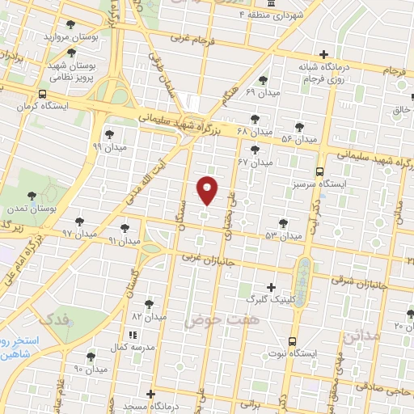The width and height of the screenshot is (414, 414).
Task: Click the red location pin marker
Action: (208, 191)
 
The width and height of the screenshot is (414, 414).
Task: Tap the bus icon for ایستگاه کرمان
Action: (42, 94)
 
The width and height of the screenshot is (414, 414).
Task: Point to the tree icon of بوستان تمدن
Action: (32, 196)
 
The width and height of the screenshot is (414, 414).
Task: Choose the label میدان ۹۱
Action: (124, 241)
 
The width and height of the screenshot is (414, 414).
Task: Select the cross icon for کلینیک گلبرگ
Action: (271, 287)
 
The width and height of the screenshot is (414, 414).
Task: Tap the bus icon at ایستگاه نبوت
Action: (291, 341)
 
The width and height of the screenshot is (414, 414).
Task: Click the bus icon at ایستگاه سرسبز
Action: (320, 171)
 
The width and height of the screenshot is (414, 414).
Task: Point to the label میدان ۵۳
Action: (282, 235)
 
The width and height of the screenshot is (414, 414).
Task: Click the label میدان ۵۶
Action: (298, 140)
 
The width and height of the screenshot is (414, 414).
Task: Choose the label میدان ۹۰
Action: (90, 369)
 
